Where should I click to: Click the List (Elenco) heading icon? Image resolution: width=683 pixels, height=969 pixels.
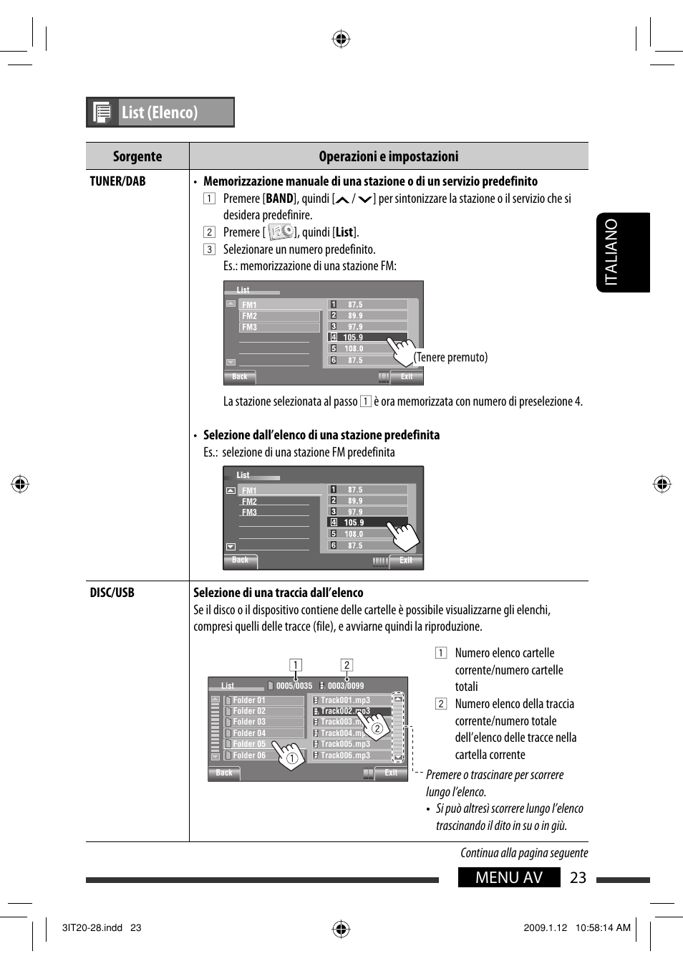pos(102,113)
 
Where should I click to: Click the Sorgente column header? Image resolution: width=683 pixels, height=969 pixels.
pos(137,156)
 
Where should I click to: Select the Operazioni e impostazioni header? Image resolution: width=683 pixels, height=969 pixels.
pos(389,156)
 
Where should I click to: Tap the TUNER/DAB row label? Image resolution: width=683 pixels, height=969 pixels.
pos(117,181)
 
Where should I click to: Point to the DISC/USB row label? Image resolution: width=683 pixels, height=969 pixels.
pos(112,593)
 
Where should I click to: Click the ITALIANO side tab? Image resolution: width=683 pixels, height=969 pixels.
pos(622,252)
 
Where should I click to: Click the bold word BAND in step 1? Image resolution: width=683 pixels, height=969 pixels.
pos(279,199)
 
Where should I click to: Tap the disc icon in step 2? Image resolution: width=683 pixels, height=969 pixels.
pos(281,231)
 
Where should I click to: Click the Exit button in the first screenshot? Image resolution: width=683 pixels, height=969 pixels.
pos(407,376)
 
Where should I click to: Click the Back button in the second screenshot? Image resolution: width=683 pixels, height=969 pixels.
pos(241,560)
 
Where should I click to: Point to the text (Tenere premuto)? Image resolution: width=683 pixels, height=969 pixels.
pos(451,357)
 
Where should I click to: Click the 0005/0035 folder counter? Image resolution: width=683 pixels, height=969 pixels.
pos(294,686)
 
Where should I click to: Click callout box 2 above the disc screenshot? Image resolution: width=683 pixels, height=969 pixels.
pos(347,665)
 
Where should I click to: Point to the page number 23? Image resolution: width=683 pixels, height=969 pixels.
pos(578,878)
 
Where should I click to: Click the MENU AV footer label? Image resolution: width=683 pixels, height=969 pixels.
pos(509,878)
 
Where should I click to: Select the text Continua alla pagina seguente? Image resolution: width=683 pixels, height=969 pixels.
pos(524,853)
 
